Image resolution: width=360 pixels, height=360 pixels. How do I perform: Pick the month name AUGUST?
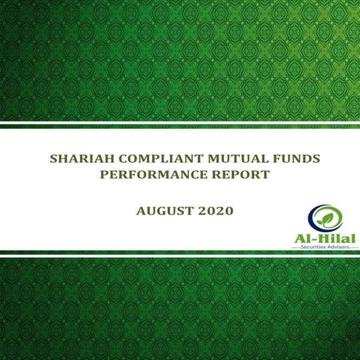click(161, 212)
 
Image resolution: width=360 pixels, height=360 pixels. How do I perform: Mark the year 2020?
click(215, 212)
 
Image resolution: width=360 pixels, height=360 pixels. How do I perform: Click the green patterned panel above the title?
click(180, 58)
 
